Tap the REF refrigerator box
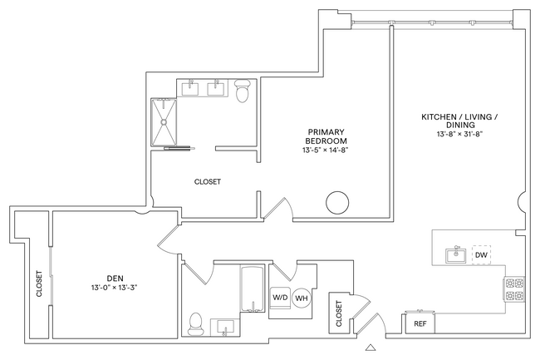click(420, 323)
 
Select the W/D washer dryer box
click(279, 298)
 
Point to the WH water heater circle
click(302, 298)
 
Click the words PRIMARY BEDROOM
click(326, 136)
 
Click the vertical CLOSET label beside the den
click(39, 284)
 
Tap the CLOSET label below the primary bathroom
click(207, 182)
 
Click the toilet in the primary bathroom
click(243, 91)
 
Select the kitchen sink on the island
click(454, 254)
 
